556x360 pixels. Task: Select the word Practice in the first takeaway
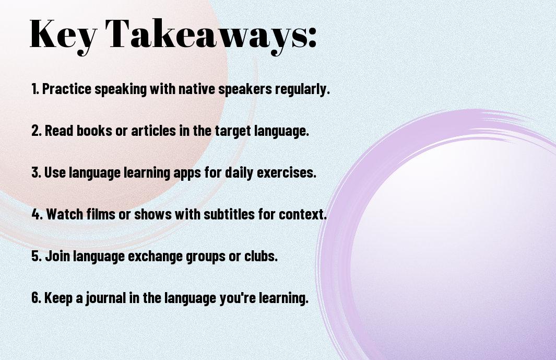click(x=67, y=89)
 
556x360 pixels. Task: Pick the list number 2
click(x=36, y=131)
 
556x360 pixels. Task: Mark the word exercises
click(x=287, y=172)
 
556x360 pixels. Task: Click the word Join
click(x=57, y=256)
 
